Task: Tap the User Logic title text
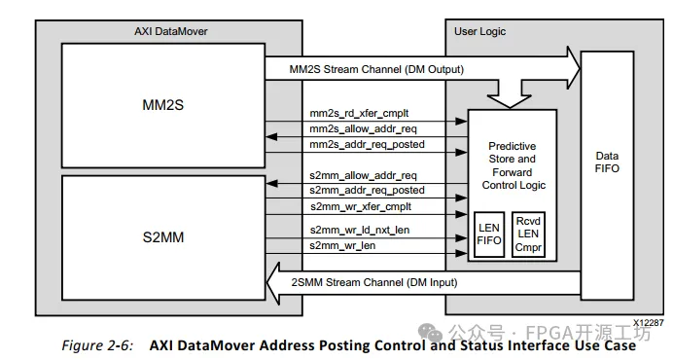point(480,32)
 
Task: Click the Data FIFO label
point(606,161)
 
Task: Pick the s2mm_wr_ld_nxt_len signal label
point(356,232)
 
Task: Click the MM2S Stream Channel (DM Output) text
point(375,70)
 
